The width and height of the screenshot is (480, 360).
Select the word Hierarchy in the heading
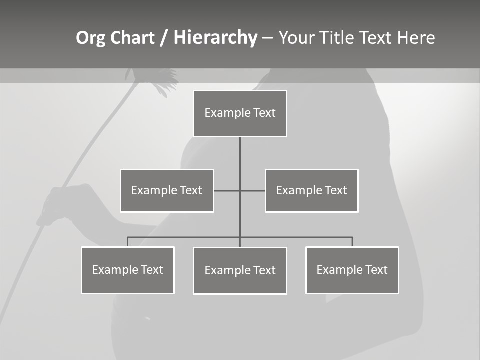[x=215, y=38]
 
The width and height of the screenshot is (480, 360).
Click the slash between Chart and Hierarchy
[x=164, y=38]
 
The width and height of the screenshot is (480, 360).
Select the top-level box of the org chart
[x=240, y=113]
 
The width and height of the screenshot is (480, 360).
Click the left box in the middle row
[x=167, y=191]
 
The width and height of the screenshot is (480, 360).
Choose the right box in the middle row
[x=311, y=191]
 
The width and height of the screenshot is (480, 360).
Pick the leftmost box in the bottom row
[x=128, y=270]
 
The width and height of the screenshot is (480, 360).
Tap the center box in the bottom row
[x=240, y=271]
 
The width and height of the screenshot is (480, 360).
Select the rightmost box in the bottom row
[x=352, y=270]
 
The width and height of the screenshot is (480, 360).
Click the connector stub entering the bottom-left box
[x=128, y=242]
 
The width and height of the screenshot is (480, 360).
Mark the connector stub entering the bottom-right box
[x=352, y=242]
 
